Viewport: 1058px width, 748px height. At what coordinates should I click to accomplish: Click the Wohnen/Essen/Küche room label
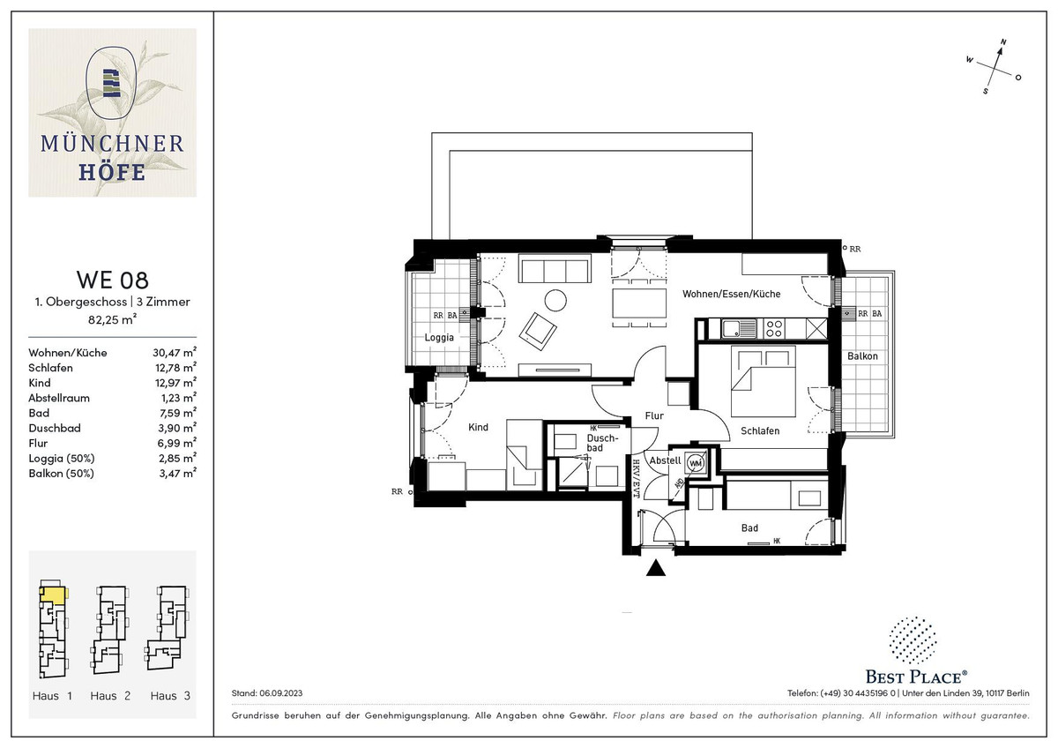pyautogui.click(x=731, y=294)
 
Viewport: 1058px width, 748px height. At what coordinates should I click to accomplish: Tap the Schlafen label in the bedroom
pyautogui.click(x=760, y=431)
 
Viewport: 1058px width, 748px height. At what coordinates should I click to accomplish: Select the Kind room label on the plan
pyautogui.click(x=478, y=427)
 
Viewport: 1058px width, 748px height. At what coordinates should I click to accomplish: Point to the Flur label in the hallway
pyautogui.click(x=654, y=415)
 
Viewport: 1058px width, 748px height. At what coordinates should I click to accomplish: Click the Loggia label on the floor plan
pyautogui.click(x=439, y=337)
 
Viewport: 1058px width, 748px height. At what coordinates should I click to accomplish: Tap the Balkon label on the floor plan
pyautogui.click(x=862, y=356)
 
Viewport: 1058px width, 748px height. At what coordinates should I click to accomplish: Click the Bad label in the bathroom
pyautogui.click(x=749, y=527)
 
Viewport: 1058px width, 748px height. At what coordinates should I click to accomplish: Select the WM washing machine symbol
pyautogui.click(x=696, y=463)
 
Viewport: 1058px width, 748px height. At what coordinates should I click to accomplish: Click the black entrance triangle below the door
pyautogui.click(x=656, y=567)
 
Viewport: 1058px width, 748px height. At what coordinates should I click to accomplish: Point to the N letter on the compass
pyautogui.click(x=1003, y=42)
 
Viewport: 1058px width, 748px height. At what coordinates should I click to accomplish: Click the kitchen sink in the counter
pyautogui.click(x=739, y=328)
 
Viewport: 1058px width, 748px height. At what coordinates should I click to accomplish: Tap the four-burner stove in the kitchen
pyautogui.click(x=774, y=328)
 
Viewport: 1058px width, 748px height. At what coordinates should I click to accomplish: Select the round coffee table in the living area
pyautogui.click(x=555, y=300)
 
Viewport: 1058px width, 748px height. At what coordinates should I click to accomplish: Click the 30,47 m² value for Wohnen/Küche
pyautogui.click(x=175, y=352)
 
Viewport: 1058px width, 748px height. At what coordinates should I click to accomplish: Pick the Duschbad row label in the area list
pyautogui.click(x=55, y=428)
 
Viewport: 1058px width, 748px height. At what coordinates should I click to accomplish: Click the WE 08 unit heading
pyautogui.click(x=113, y=280)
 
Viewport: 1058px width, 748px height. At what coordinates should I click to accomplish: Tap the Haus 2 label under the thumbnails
pyautogui.click(x=110, y=696)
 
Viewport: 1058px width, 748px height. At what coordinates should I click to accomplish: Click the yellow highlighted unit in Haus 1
pyautogui.click(x=52, y=595)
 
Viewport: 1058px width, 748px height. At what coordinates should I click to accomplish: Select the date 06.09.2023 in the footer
pyautogui.click(x=280, y=693)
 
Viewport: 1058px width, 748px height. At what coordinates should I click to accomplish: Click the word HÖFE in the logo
pyautogui.click(x=112, y=172)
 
